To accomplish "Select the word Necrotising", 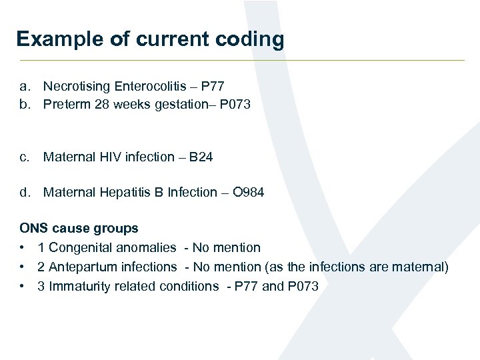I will pos(77,87).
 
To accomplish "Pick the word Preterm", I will pos(65,105).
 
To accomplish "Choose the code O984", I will pos(248,193).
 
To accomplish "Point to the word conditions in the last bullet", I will pos(189,287).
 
